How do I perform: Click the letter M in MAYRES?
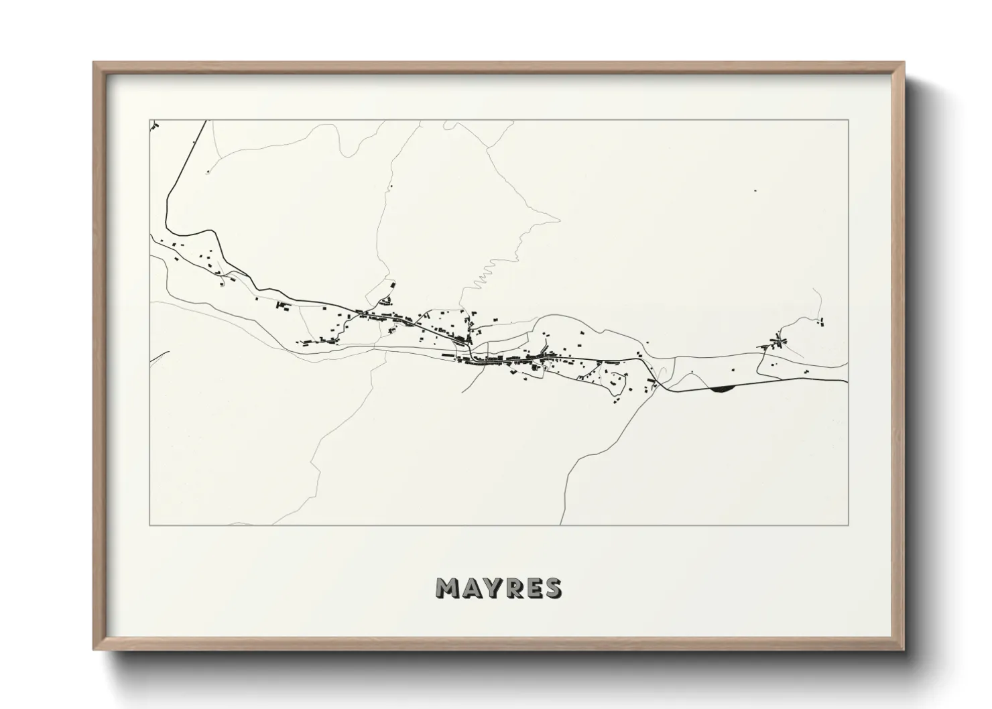448,588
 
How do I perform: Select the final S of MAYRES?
553,588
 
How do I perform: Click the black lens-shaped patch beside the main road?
721,387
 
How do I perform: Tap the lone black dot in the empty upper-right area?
755,191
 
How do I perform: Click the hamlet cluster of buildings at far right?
778,343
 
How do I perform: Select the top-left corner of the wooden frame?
94,63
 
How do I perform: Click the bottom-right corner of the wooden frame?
904,649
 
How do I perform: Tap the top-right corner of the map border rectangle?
848,120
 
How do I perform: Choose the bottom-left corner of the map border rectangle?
149,525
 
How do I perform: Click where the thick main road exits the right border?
847,381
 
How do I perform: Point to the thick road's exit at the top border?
206,121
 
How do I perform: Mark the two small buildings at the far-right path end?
822,322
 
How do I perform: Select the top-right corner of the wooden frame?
904,63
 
